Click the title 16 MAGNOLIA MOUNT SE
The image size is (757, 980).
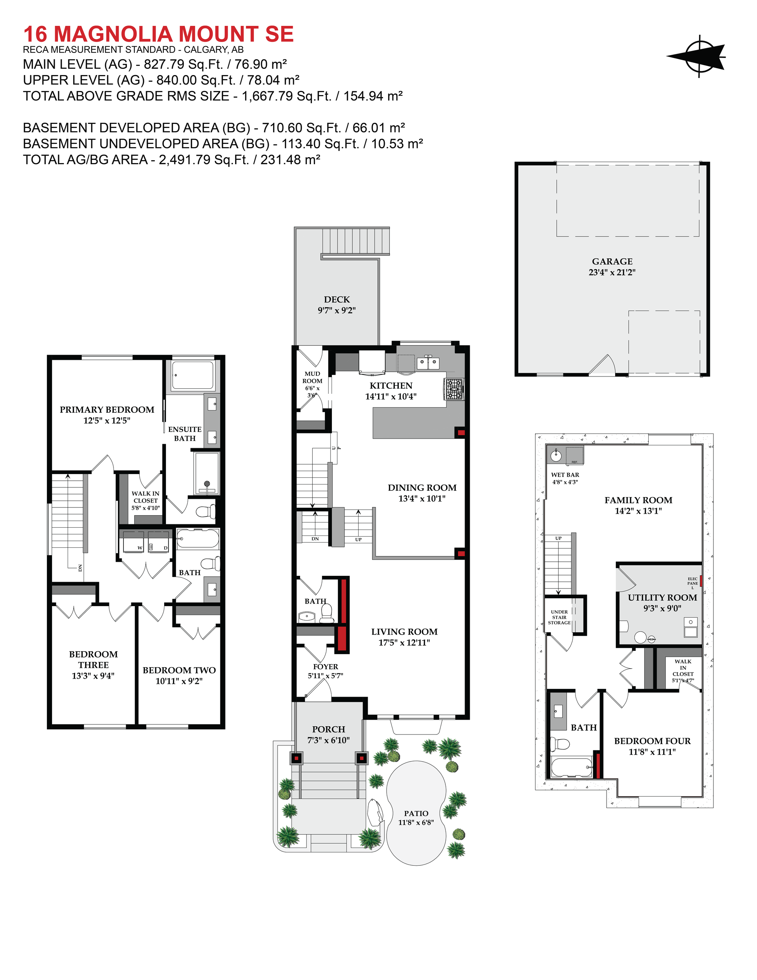[x=158, y=34]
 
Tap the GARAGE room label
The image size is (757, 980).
[x=612, y=261]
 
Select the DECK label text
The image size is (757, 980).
[x=337, y=299]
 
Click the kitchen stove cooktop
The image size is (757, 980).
[x=454, y=389]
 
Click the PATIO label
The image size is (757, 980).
[x=416, y=813]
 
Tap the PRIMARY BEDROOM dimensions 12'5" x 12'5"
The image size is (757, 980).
[x=107, y=420]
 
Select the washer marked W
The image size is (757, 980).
[x=133, y=544]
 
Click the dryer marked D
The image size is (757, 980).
[x=159, y=544]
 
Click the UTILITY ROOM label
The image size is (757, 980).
[x=662, y=598]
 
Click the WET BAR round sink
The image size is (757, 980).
[x=556, y=456]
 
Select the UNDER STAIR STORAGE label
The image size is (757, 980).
[x=559, y=617]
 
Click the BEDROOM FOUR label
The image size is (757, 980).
[x=652, y=741]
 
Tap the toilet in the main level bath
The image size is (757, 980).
[x=326, y=612]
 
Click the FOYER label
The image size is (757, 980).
[x=326, y=667]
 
